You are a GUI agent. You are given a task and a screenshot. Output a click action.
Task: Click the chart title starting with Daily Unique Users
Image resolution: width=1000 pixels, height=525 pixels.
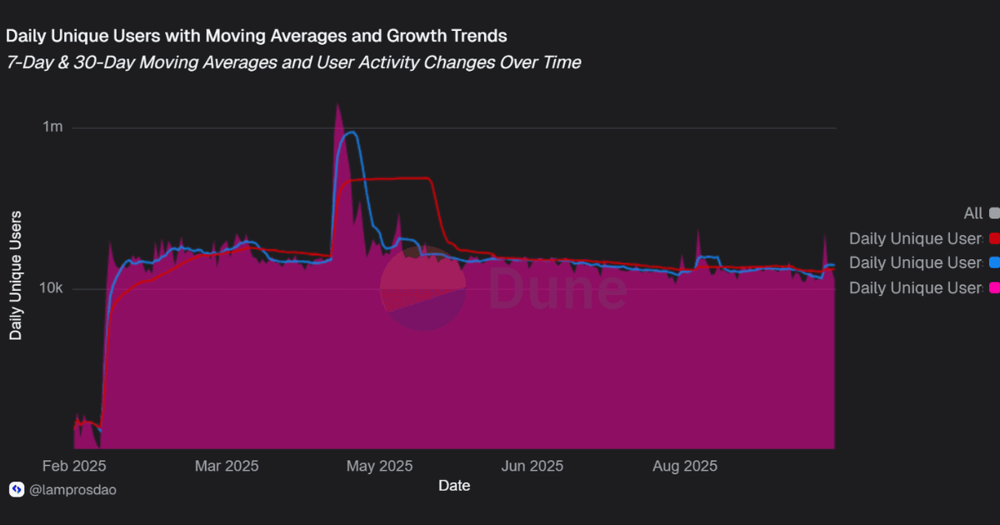pyautogui.click(x=257, y=36)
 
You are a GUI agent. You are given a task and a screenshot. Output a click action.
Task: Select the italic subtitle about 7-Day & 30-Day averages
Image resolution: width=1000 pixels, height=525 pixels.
pyautogui.click(x=293, y=62)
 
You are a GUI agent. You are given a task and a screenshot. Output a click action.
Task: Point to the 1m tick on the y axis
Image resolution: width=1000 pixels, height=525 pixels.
pyautogui.click(x=53, y=127)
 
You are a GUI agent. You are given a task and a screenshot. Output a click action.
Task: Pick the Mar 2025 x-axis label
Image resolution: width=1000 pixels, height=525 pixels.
pyautogui.click(x=227, y=465)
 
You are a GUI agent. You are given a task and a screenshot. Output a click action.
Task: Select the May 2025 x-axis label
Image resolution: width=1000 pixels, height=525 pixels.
pyautogui.click(x=378, y=465)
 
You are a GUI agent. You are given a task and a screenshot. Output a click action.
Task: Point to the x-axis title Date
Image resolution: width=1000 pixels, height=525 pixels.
pyautogui.click(x=454, y=485)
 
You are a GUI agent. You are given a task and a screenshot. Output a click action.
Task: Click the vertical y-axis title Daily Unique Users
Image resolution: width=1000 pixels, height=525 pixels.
pyautogui.click(x=16, y=275)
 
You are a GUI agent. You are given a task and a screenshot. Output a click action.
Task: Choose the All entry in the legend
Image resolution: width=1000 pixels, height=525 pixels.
pyautogui.click(x=972, y=213)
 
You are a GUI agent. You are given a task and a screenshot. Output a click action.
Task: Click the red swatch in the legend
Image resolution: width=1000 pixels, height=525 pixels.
pyautogui.click(x=994, y=238)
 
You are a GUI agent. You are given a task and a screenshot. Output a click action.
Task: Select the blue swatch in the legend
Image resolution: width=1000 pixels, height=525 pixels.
pyautogui.click(x=994, y=262)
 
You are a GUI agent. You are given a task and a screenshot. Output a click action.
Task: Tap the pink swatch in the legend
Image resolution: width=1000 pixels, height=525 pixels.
pyautogui.click(x=994, y=287)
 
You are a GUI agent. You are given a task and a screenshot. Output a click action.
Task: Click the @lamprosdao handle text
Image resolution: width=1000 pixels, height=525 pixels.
pyautogui.click(x=72, y=490)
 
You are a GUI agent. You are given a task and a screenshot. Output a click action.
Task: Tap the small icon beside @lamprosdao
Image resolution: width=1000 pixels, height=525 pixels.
pyautogui.click(x=16, y=490)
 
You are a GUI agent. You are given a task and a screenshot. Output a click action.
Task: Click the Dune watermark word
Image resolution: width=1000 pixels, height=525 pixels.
pyautogui.click(x=557, y=288)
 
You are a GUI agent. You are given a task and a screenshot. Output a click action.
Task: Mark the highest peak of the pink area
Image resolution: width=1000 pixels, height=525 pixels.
pyautogui.click(x=337, y=105)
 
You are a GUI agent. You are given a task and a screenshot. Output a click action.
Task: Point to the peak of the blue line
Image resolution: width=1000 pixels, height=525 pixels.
pyautogui.click(x=352, y=132)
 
